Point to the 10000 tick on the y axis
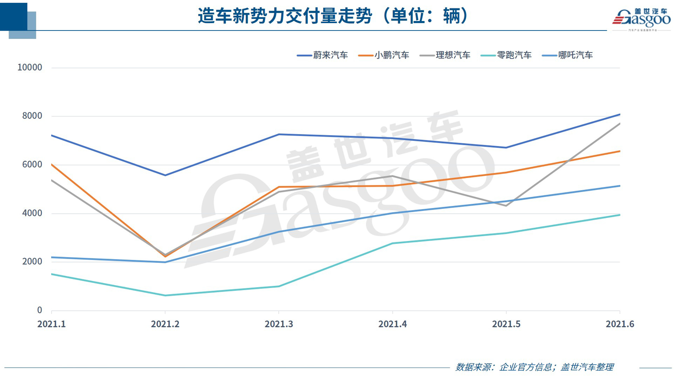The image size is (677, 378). pyautogui.click(x=30, y=68)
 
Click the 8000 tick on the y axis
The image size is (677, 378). pyautogui.click(x=32, y=116)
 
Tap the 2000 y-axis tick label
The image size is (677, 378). pyautogui.click(x=32, y=262)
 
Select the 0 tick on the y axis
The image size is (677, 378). pyautogui.click(x=40, y=310)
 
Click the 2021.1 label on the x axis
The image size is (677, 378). pyautogui.click(x=52, y=324)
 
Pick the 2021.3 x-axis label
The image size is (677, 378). pyautogui.click(x=279, y=324)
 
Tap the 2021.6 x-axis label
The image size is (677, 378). pyautogui.click(x=620, y=324)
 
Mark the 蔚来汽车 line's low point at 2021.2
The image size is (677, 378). pyautogui.click(x=165, y=175)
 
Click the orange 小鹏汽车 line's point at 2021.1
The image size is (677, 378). pyautogui.click(x=52, y=165)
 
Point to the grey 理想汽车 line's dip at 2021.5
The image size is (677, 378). pyautogui.click(x=506, y=206)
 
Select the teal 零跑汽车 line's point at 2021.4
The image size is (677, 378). pyautogui.click(x=393, y=243)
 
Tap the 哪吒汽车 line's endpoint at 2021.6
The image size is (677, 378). pyautogui.click(x=619, y=186)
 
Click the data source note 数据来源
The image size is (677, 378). pyautogui.click(x=534, y=367)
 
